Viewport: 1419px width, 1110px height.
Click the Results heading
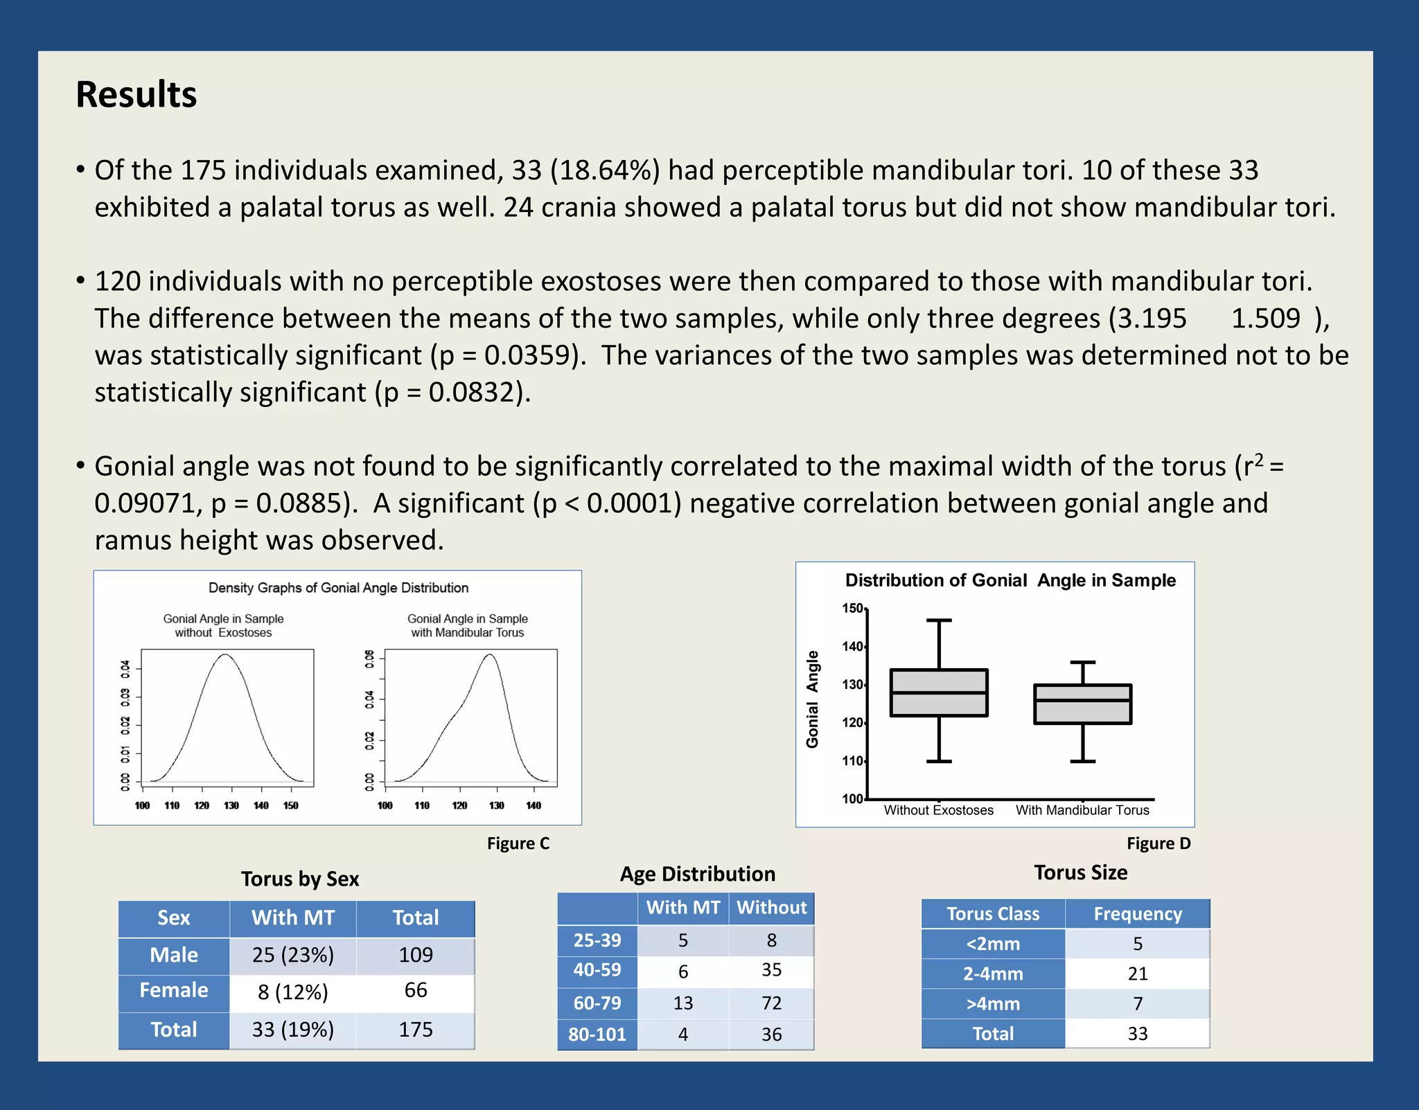(136, 95)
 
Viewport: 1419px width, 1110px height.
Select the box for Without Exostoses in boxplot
(939, 692)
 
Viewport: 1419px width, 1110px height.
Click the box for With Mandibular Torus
(1082, 704)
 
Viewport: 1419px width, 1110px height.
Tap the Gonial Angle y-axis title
(812, 699)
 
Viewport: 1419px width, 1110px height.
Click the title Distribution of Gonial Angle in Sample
(1010, 580)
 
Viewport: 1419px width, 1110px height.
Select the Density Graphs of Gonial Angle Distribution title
(338, 588)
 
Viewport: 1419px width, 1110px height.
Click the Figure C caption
(518, 843)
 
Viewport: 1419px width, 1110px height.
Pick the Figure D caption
(1158, 843)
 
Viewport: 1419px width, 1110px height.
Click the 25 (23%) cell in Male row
(293, 955)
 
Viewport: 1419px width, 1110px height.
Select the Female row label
(174, 990)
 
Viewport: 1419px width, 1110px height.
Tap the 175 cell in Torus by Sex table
(416, 1030)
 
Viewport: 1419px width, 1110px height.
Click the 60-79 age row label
(597, 1003)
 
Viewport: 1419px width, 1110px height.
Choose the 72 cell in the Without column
(771, 1003)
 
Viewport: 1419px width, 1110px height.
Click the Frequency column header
(1138, 914)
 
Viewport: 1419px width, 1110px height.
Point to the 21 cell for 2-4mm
(1138, 974)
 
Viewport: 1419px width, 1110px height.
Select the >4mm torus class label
(993, 1003)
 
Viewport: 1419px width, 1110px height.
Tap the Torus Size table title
(1080, 872)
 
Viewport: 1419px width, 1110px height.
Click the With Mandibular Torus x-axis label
(1082, 810)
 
